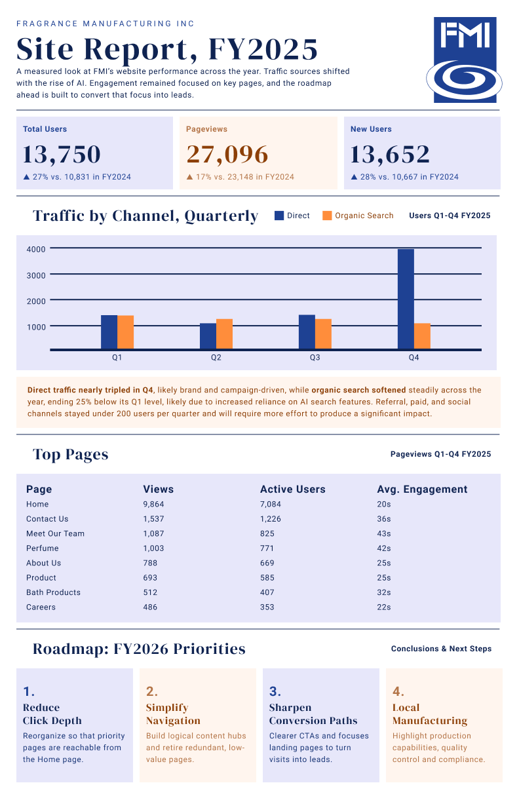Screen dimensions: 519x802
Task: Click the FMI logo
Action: coord(464,60)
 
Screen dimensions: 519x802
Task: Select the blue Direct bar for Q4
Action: coord(406,299)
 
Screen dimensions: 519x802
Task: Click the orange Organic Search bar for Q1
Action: coord(126,332)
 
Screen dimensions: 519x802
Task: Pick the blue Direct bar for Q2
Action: coord(208,336)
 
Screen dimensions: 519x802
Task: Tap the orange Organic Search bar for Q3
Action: coord(324,334)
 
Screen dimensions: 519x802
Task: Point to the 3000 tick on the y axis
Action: coord(36,275)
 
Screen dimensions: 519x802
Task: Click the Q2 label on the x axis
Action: coord(216,357)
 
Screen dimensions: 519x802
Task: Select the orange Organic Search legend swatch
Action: coord(327,216)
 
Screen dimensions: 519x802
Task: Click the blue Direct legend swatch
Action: coord(279,216)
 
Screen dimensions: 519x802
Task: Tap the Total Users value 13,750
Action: coord(62,155)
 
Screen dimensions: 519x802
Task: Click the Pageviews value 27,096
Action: coord(227,155)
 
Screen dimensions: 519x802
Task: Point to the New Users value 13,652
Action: coord(390,155)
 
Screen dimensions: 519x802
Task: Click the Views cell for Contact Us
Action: coord(153,519)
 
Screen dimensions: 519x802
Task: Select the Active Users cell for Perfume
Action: coord(267,548)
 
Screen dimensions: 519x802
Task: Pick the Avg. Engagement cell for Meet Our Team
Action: coord(383,533)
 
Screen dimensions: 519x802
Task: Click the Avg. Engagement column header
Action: coord(422,489)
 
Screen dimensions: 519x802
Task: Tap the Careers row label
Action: coord(41,607)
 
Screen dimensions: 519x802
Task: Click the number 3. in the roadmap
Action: coord(275,691)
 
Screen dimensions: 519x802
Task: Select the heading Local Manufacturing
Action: coord(430,714)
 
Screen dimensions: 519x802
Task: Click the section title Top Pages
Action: coord(71,455)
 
